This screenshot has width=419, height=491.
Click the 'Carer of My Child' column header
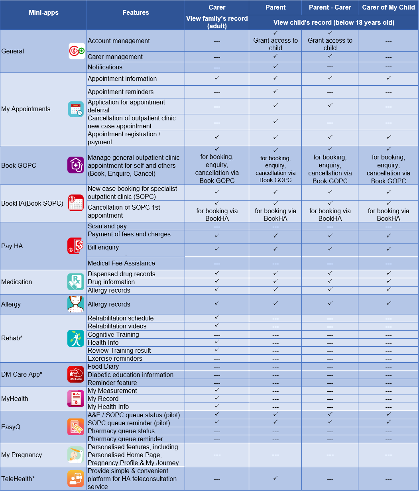coord(388,7)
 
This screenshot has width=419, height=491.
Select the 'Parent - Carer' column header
coord(330,7)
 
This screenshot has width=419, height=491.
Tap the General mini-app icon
coord(77,51)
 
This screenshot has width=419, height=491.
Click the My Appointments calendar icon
coord(76,109)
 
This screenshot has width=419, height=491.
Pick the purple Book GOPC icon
coord(76,165)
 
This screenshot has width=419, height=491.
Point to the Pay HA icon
coord(76,246)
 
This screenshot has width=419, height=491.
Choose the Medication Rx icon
coord(76,282)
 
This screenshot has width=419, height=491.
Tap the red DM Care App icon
coord(76,374)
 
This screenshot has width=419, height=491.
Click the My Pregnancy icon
coord(76,455)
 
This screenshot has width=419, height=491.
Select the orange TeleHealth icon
coord(76,479)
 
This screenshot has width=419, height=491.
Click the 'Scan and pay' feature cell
coord(107,226)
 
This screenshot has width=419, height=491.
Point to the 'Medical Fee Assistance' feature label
coord(121,263)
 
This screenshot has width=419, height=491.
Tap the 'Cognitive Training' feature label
coord(113,334)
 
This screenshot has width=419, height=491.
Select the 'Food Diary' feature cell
coord(103,366)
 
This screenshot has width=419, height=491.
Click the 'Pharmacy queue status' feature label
coord(121,431)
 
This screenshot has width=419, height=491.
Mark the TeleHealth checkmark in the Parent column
coord(275,478)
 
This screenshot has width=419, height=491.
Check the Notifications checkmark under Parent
coord(275,66)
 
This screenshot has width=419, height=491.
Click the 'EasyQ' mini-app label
coord(11,427)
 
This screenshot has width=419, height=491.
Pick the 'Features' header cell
coord(136,13)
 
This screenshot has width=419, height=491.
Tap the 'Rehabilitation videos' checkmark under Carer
coord(217,325)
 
